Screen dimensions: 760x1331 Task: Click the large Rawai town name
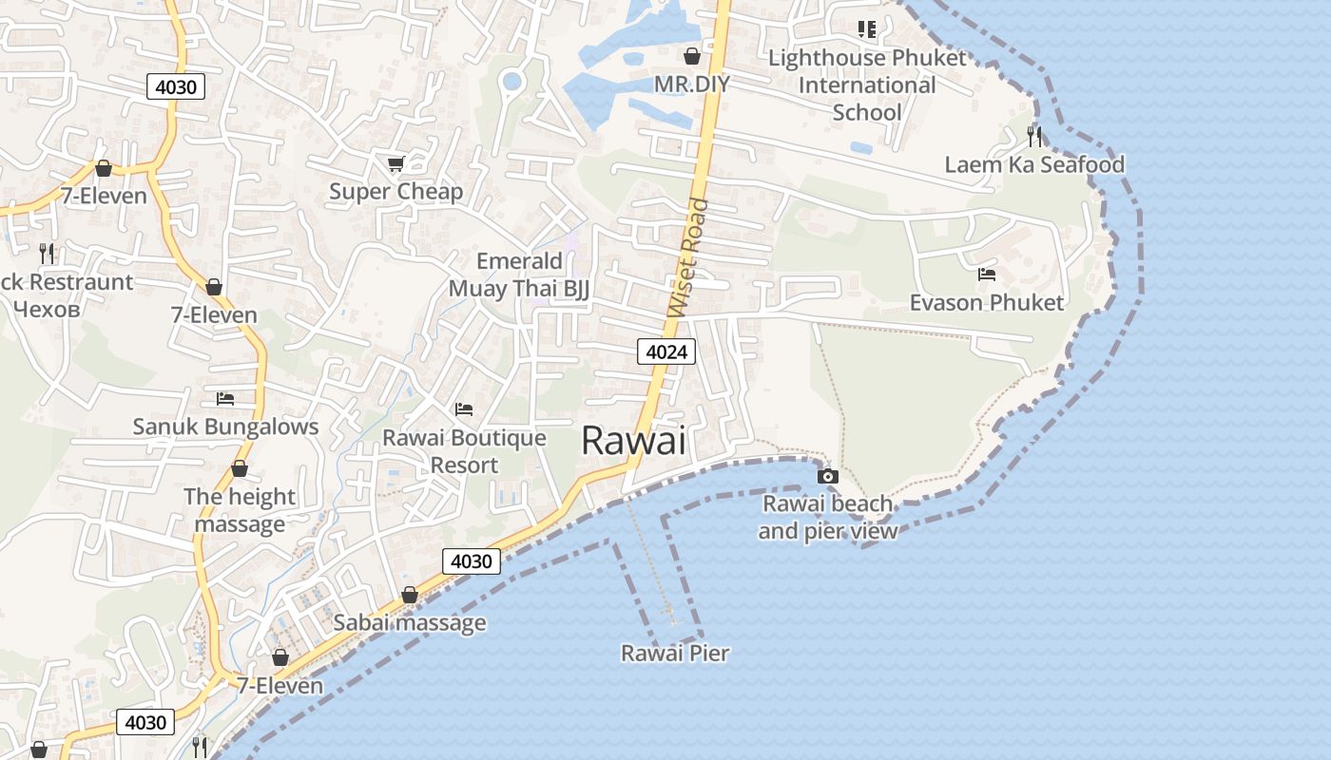(632, 441)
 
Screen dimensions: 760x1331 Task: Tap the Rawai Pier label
(675, 654)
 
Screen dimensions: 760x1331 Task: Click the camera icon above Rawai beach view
(828, 476)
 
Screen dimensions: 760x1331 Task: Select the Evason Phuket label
(987, 303)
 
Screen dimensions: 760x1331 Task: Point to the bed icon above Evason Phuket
(987, 275)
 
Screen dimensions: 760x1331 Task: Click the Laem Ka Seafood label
(1034, 165)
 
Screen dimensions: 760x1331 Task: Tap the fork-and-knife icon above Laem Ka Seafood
(1034, 137)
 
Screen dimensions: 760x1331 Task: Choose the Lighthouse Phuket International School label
(867, 85)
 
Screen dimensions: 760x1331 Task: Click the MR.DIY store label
(692, 85)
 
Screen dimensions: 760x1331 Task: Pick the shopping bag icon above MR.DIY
(692, 57)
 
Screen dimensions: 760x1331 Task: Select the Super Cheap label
(396, 192)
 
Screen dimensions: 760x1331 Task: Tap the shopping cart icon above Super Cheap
(396, 164)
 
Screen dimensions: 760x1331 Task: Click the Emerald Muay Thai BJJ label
(519, 275)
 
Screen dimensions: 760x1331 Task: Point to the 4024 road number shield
(666, 352)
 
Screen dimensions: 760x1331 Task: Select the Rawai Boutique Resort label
(464, 451)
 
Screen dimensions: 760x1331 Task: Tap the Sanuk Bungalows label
(225, 427)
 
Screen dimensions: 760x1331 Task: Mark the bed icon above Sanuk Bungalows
(225, 399)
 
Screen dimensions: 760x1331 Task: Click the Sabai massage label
(410, 623)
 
